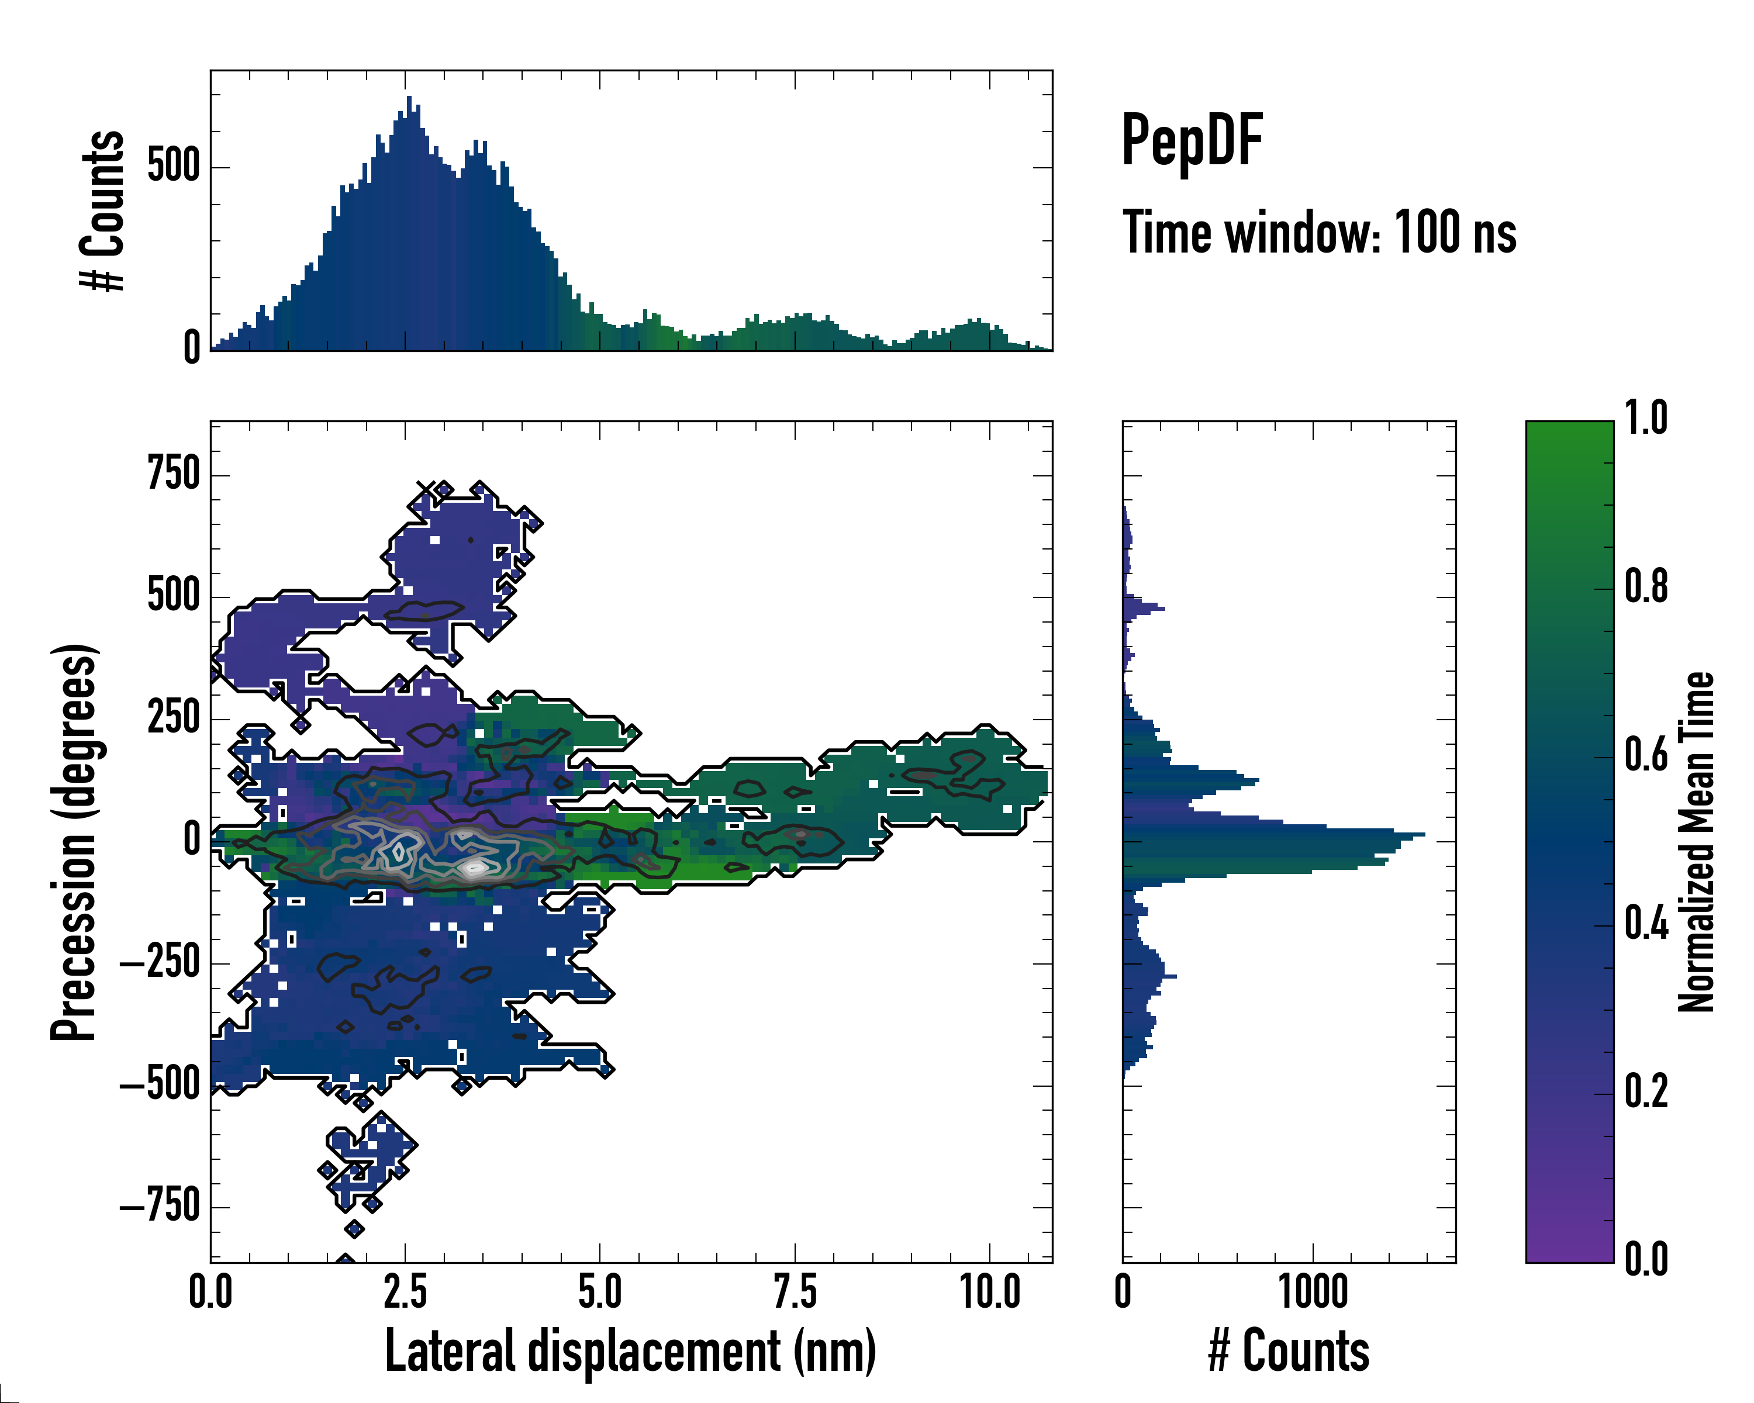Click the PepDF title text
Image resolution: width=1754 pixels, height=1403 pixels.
[1191, 141]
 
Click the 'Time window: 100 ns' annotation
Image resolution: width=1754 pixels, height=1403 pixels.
[1319, 233]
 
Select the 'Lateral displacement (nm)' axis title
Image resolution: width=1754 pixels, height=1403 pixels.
[630, 1351]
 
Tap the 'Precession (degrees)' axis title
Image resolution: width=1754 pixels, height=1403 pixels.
[75, 842]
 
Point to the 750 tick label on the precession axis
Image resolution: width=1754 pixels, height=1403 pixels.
[173, 474]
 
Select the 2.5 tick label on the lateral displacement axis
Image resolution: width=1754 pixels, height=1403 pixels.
[405, 1293]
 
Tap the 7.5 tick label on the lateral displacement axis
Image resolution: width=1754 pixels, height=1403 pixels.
[795, 1293]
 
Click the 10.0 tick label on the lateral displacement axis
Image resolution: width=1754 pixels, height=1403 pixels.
[989, 1293]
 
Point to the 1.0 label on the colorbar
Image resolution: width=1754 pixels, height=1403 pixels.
[1646, 419]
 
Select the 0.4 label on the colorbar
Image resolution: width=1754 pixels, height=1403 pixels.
[1646, 925]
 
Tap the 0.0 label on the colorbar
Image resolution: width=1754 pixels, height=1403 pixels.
[1646, 1260]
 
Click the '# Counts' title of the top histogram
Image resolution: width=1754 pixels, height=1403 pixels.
[103, 210]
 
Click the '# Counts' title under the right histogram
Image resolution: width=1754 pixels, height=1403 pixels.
[1289, 1351]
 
